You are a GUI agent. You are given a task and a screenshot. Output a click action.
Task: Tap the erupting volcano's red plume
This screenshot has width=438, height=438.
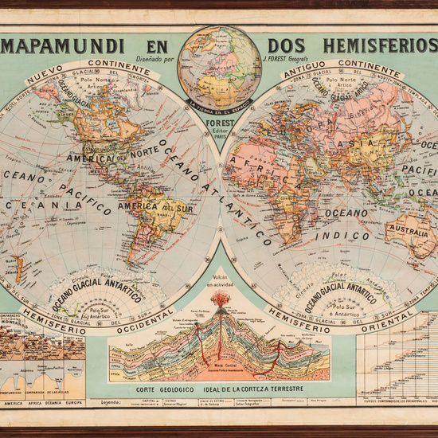click(221, 300)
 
